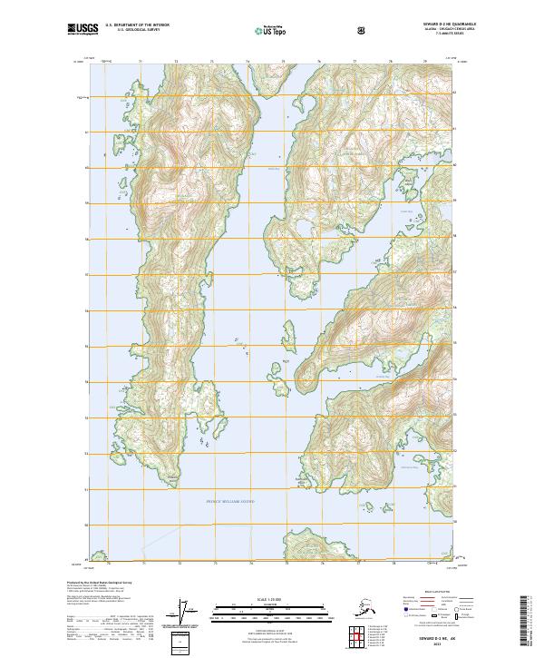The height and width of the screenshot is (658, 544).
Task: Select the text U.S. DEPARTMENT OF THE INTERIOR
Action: (137, 25)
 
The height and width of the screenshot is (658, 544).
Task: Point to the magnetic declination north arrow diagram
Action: (187, 612)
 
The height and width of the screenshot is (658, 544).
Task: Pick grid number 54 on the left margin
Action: (87, 382)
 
